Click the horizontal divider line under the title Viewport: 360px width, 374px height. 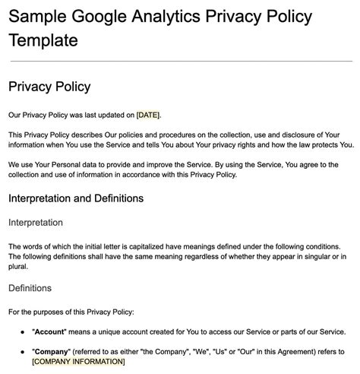(x=180, y=60)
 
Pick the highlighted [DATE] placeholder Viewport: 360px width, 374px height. (x=149, y=115)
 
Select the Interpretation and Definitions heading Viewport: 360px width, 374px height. (x=76, y=198)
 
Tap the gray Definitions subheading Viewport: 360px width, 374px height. (x=30, y=288)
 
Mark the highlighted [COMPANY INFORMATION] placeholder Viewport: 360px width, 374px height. (x=78, y=362)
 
